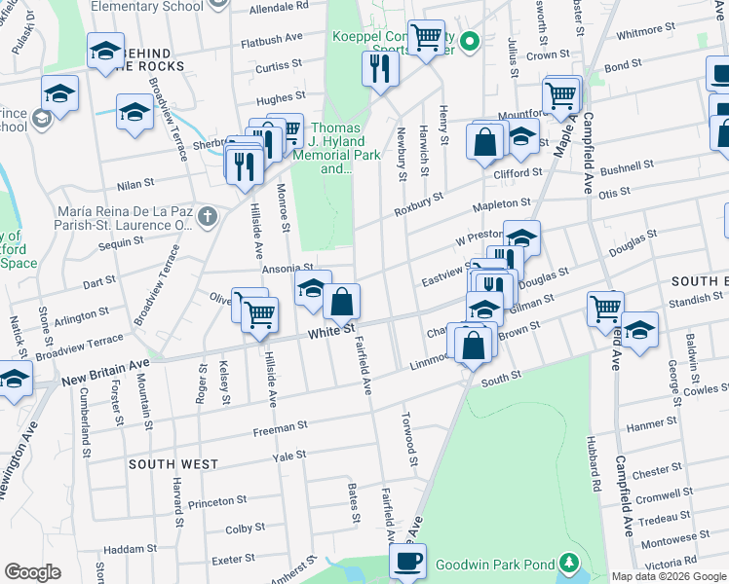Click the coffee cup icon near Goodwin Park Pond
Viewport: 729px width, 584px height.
pos(407,560)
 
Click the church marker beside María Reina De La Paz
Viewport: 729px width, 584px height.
pos(206,216)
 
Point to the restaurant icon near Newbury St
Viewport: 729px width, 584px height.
pos(378,68)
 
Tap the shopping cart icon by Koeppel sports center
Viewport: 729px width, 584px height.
pos(426,38)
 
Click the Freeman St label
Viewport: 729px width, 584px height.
pos(280,425)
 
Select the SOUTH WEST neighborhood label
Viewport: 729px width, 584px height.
pos(173,464)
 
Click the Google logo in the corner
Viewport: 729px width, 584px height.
pos(32,572)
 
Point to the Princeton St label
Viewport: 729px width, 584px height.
pos(217,501)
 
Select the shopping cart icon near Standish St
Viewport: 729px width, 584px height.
pos(606,309)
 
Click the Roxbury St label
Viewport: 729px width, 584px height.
pos(418,204)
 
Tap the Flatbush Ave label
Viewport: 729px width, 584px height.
pos(272,43)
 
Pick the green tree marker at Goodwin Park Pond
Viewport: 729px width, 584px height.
pos(568,564)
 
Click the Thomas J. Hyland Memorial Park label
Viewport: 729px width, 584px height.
pos(335,148)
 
